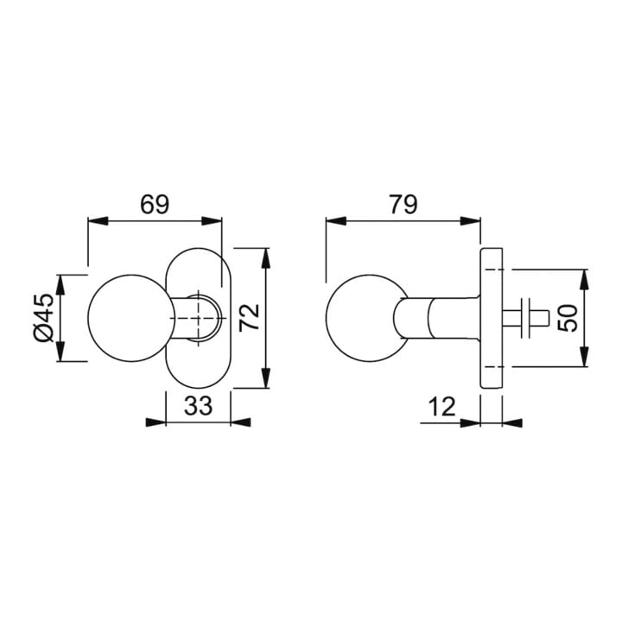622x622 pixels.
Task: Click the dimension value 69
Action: click(x=155, y=205)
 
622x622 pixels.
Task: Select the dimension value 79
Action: click(x=403, y=205)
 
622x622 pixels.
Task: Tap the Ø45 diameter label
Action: click(x=44, y=318)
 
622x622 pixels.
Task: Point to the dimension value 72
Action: click(x=249, y=317)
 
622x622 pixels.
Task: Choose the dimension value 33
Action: click(x=199, y=406)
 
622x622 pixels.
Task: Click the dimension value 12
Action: click(x=442, y=407)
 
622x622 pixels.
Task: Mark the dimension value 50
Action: click(x=568, y=318)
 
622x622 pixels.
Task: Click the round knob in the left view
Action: click(x=130, y=318)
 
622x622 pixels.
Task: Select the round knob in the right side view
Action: click(x=367, y=318)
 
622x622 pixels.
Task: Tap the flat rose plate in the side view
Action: click(x=492, y=318)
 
